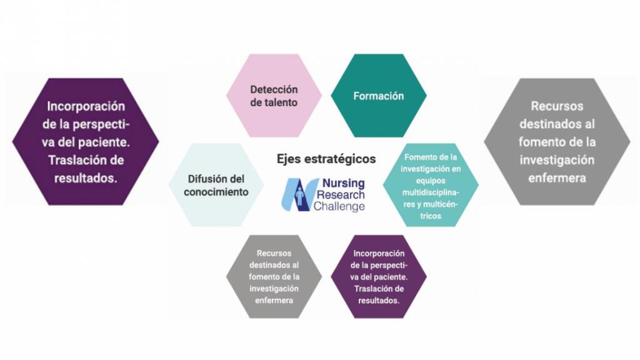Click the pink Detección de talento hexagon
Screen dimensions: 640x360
click(274, 96)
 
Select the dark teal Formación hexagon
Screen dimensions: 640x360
click(378, 96)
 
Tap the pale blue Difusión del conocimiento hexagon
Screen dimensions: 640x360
click(216, 185)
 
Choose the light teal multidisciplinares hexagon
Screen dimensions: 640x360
click(431, 185)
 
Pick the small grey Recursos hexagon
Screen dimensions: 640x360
click(274, 277)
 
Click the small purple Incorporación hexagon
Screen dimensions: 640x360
click(378, 277)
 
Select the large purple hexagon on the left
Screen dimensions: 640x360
click(86, 142)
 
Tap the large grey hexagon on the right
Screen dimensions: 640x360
click(557, 142)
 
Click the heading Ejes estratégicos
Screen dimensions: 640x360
click(326, 159)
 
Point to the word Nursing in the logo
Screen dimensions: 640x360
click(343, 183)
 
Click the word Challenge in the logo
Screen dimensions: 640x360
click(339, 206)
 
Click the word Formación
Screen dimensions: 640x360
click(378, 96)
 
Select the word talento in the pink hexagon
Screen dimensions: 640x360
click(279, 102)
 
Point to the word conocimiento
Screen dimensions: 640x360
click(216, 192)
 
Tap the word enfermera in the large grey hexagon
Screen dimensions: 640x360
click(557, 178)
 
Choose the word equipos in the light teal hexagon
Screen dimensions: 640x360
click(431, 181)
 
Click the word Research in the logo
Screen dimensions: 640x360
click(341, 195)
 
